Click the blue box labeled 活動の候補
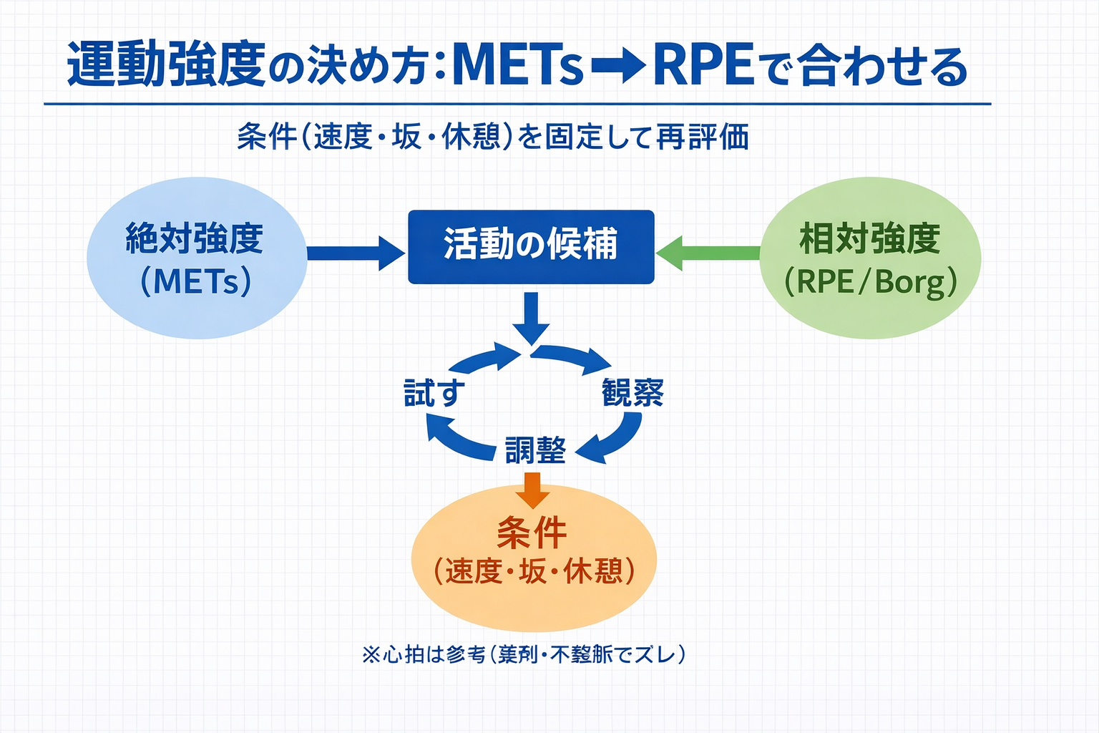[x=531, y=246]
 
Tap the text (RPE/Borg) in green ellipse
[x=870, y=282]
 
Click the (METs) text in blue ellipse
[x=196, y=281]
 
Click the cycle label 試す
[x=434, y=393]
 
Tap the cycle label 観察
[x=632, y=392]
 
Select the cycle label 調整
[x=535, y=450]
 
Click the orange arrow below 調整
[x=532, y=489]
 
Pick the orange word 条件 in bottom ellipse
[x=532, y=533]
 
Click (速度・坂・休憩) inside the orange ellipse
[x=534, y=571]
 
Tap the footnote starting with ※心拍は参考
[x=524, y=654]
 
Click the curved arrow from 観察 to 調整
[x=617, y=438]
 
